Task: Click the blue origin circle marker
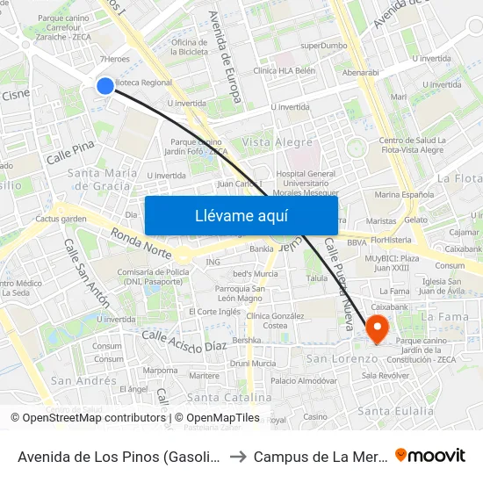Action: [105, 85]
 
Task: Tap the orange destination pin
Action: [378, 328]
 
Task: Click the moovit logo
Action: [430, 455]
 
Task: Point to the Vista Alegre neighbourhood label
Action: [278, 142]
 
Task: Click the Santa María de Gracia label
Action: [103, 179]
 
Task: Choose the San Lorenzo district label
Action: [342, 358]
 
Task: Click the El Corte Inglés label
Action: [214, 311]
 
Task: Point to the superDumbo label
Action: [323, 45]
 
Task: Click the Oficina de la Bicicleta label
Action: [190, 47]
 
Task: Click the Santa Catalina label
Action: [236, 397]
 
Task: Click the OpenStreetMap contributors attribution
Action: [89, 418]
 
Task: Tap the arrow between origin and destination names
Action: [237, 456]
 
